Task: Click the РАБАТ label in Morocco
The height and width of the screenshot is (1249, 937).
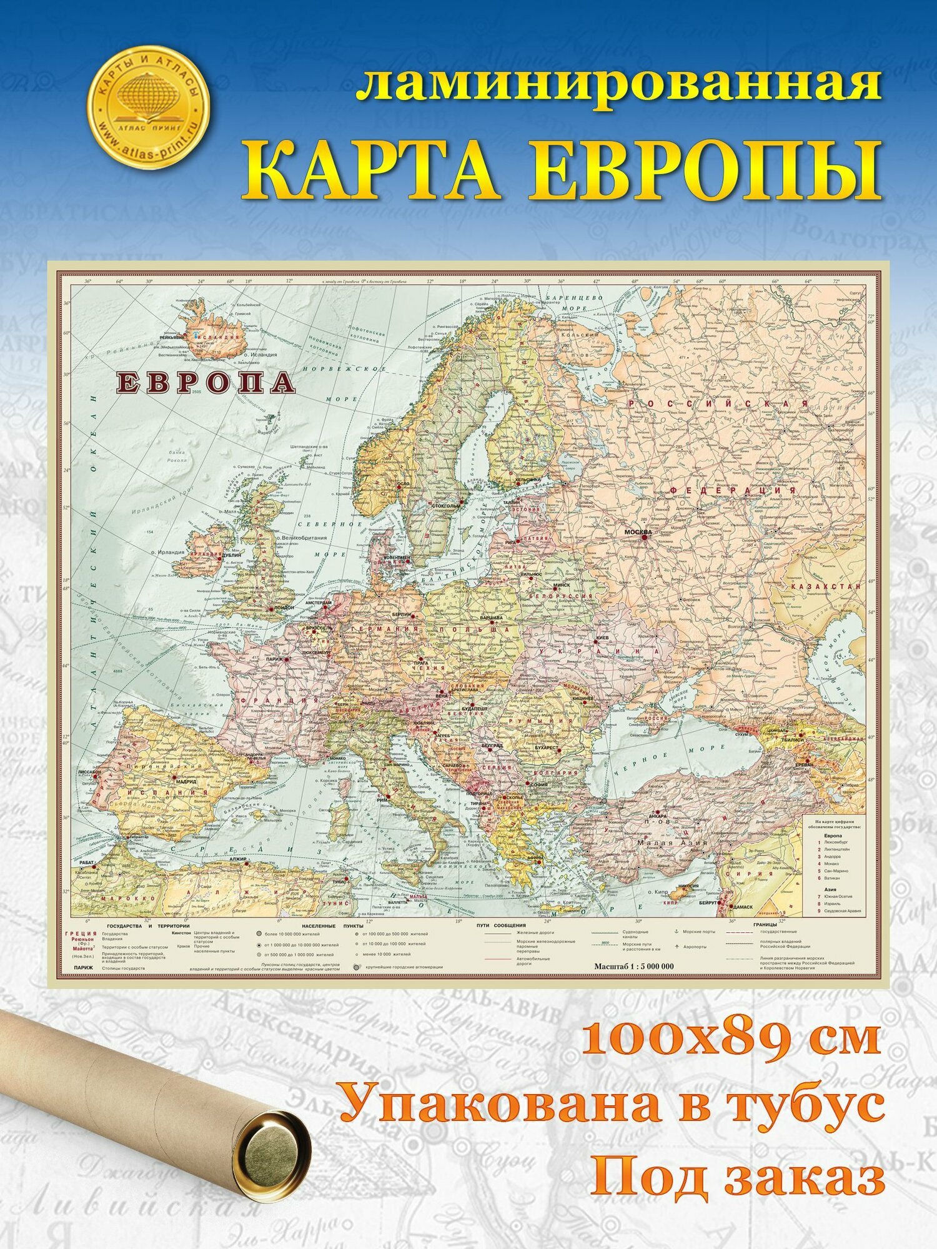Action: coord(87,862)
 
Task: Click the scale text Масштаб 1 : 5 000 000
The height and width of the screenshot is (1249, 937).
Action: coord(633,965)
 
